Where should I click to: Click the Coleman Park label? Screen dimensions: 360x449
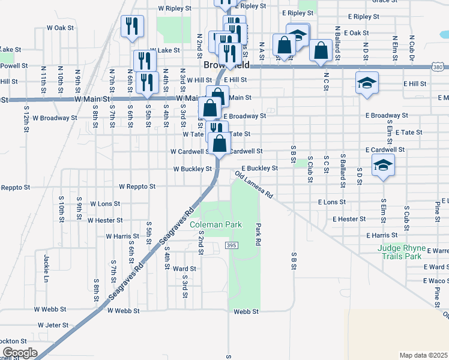click(215, 224)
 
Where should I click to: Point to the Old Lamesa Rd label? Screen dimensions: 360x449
click(254, 186)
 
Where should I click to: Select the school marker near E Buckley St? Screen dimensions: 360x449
click(382, 164)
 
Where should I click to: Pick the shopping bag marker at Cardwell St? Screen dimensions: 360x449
click(220, 143)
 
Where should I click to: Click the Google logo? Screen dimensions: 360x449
click(20, 353)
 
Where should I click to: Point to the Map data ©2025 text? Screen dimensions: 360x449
click(423, 355)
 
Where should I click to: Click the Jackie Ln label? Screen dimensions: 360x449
click(46, 268)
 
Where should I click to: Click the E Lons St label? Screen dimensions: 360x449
click(332, 202)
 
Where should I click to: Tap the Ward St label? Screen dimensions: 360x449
click(184, 269)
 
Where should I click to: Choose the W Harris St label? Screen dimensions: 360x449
click(122, 236)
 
